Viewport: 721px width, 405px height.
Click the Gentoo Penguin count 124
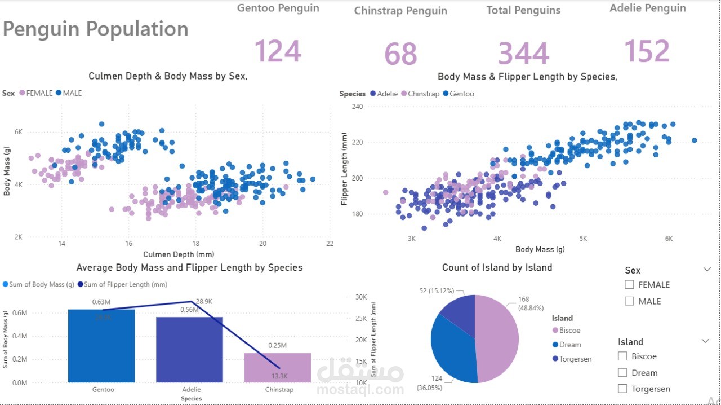pyautogui.click(x=278, y=51)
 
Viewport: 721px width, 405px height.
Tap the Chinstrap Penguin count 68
pyautogui.click(x=400, y=54)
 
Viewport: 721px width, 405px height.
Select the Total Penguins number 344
pyautogui.click(x=523, y=54)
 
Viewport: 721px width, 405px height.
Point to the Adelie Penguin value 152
pyautogui.click(x=647, y=51)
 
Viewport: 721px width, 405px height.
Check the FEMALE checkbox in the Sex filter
pyautogui.click(x=630, y=285)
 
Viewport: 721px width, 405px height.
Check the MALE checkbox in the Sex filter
pyautogui.click(x=630, y=301)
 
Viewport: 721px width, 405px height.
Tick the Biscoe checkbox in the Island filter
pyautogui.click(x=622, y=356)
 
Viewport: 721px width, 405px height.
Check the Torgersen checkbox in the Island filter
pyautogui.click(x=622, y=389)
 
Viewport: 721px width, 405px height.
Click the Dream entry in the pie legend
pyautogui.click(x=570, y=345)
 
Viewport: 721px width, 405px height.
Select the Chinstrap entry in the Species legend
pyautogui.click(x=424, y=94)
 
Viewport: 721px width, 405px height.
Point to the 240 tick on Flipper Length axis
pyautogui.click(x=357, y=107)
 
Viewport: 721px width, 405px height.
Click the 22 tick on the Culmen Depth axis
pyautogui.click(x=330, y=244)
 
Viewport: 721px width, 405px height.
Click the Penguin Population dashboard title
pyautogui.click(x=96, y=29)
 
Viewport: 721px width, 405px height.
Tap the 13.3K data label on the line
pyautogui.click(x=280, y=376)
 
